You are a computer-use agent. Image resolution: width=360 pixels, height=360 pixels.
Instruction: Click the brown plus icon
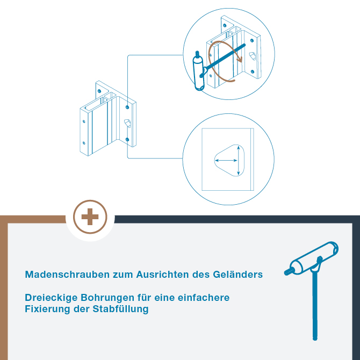[x=90, y=217]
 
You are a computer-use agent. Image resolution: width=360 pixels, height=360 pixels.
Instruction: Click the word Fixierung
[x=47, y=309]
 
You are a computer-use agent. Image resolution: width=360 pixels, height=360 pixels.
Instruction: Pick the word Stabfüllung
[x=120, y=309]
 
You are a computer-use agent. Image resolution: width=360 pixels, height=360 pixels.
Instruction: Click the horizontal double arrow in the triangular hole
[x=226, y=161]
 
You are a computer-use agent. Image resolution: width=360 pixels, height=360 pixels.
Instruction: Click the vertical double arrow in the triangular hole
[x=239, y=160]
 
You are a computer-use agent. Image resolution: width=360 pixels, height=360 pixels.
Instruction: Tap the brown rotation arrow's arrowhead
[x=240, y=60]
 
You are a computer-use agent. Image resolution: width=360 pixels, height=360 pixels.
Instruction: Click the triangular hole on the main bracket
[x=127, y=123]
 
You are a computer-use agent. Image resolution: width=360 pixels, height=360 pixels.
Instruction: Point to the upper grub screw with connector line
[x=127, y=107]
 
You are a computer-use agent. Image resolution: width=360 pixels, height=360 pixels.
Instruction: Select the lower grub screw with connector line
[x=127, y=139]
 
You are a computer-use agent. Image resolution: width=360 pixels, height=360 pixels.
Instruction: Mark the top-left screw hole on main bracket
[x=99, y=91]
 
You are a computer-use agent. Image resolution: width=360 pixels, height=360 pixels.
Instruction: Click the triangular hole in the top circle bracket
[x=253, y=56]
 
